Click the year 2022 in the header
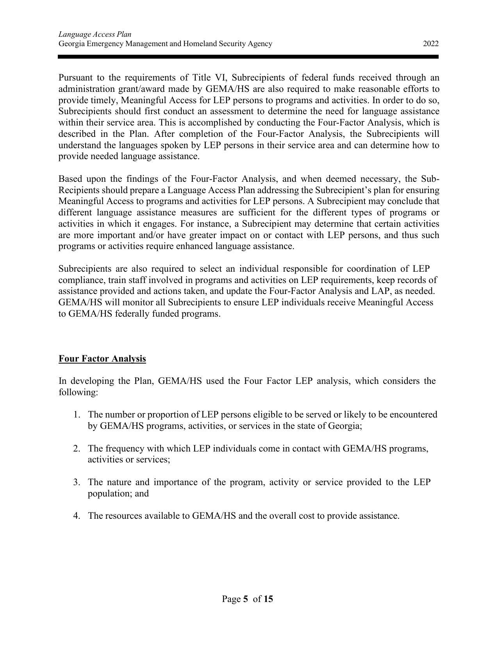(x=430, y=44)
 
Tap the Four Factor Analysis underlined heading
(x=102, y=358)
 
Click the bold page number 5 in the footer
(x=246, y=598)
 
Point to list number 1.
(x=77, y=414)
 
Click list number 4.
(x=77, y=516)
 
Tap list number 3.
(x=77, y=482)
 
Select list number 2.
(x=77, y=448)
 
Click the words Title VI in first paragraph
(x=207, y=77)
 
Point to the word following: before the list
(x=78, y=392)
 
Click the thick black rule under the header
(x=248, y=57)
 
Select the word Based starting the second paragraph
(x=70, y=179)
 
